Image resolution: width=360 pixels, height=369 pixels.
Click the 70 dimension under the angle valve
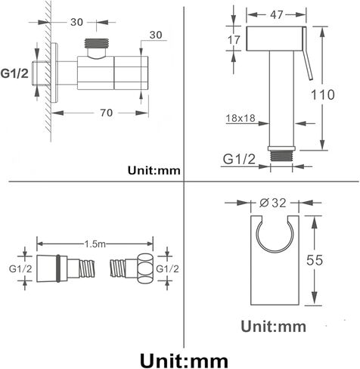tap(107, 113)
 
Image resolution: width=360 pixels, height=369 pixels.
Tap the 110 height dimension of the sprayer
tap(323, 95)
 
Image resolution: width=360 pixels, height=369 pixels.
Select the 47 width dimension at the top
tap(277, 15)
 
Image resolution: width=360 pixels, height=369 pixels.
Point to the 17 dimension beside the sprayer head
tap(234, 39)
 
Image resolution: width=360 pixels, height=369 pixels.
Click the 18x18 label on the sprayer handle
tap(241, 118)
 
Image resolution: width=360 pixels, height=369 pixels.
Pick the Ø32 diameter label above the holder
tap(273, 203)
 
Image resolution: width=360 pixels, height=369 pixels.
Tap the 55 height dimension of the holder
tap(315, 260)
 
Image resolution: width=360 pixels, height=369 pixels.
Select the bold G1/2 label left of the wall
tap(14, 73)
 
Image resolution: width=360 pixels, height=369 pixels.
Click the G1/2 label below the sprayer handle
tap(239, 159)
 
